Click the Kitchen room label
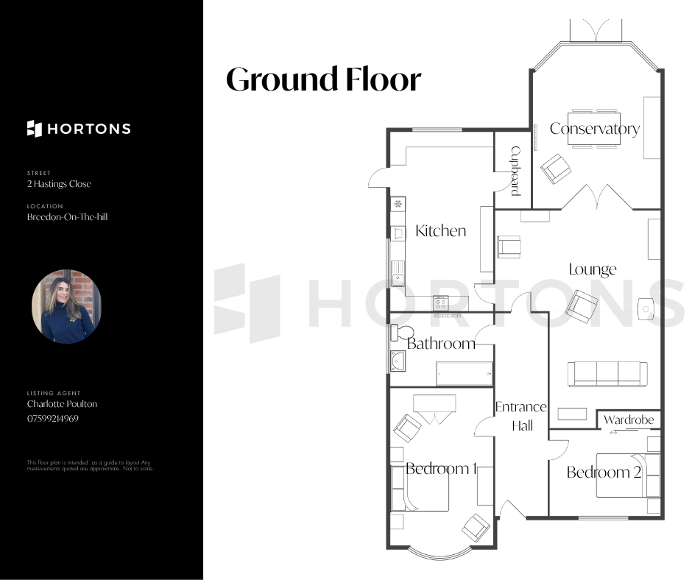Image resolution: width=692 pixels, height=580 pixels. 440,231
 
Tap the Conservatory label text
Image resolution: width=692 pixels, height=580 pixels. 595,129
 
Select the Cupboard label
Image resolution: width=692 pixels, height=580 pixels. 515,171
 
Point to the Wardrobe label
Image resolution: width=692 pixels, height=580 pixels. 629,420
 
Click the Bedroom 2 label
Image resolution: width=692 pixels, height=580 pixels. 604,473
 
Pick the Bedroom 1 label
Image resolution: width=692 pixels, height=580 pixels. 441,468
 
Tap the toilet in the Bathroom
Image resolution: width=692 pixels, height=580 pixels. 402,333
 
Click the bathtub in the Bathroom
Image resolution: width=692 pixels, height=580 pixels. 464,373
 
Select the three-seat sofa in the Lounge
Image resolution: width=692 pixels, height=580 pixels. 607,374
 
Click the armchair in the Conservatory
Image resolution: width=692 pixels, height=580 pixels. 556,169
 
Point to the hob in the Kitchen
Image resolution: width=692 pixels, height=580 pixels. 440,303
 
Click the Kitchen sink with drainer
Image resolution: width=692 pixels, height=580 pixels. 398,274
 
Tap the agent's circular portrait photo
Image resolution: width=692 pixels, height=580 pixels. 67,306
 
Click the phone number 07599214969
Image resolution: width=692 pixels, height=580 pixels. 52,419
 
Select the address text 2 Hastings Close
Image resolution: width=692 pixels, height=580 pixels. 59,183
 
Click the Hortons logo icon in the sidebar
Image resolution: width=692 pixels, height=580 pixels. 35,129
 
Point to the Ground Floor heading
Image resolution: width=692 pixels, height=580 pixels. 323,79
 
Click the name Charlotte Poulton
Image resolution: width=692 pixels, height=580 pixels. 62,404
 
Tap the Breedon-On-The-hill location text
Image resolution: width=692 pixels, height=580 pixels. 67,216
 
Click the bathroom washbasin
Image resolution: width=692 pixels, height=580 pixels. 398,361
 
